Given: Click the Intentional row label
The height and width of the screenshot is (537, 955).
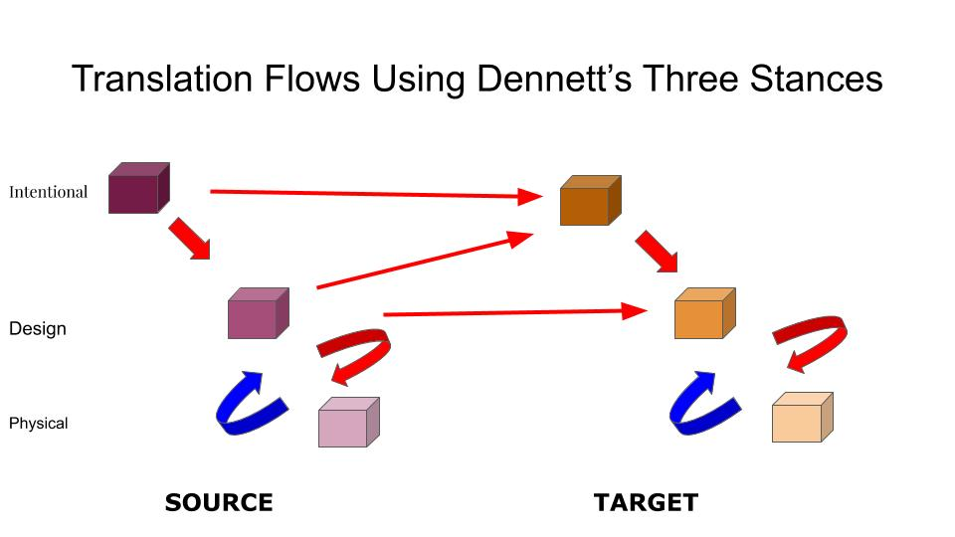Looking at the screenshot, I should pos(49,192).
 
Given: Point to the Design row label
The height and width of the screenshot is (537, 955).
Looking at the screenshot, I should pos(38,328).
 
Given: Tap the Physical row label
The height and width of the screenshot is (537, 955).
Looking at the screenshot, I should pos(39,424).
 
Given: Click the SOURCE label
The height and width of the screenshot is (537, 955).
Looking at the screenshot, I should pos(219,502).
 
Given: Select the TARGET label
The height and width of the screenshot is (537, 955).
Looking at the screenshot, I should pos(646,502).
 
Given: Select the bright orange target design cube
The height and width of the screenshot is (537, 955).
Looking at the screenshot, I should pos(703,314).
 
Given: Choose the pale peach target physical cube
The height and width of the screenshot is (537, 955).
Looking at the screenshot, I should pos(801,418).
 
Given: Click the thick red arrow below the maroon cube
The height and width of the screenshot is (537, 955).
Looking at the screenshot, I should pos(189,239).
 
